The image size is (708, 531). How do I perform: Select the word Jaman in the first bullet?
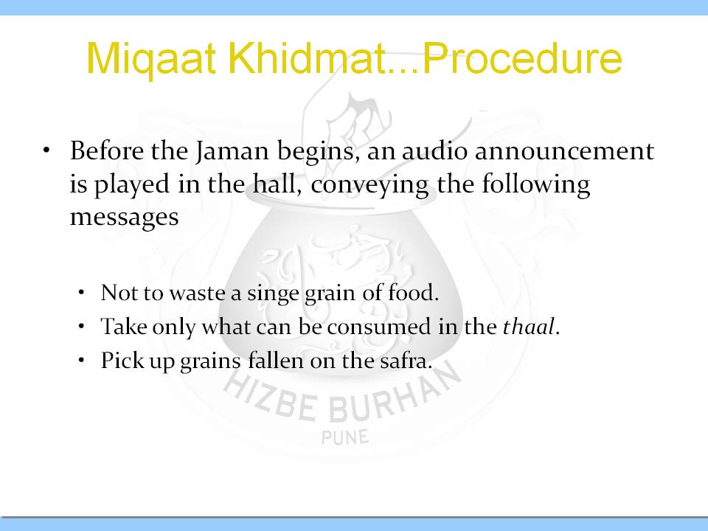[232, 152]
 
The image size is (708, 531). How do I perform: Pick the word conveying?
[369, 186]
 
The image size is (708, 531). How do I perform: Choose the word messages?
[124, 218]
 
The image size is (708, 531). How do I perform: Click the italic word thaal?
[528, 326]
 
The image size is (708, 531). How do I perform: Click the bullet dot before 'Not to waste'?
[81, 292]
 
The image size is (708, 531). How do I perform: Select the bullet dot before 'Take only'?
[81, 326]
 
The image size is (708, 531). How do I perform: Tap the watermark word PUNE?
[345, 437]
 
